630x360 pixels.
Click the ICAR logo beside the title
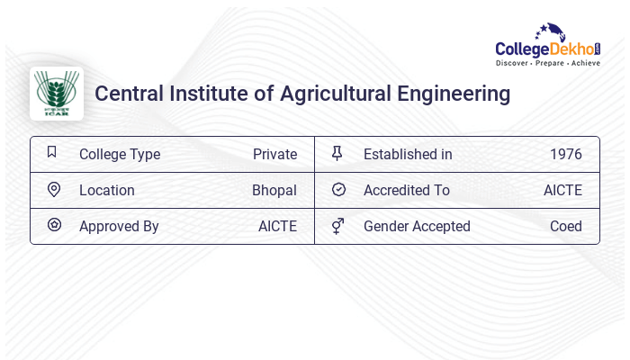(x=57, y=94)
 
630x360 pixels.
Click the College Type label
(x=120, y=154)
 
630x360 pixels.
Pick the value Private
(x=274, y=154)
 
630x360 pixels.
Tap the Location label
(x=107, y=190)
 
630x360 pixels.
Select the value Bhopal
(x=274, y=190)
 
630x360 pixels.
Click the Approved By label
(x=119, y=226)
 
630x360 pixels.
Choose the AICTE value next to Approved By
(x=277, y=226)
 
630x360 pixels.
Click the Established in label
(x=408, y=154)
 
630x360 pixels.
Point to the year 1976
(x=566, y=154)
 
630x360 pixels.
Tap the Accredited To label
(x=407, y=190)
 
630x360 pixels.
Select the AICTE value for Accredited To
(x=562, y=190)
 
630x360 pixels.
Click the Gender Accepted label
(x=417, y=226)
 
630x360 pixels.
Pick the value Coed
(x=566, y=226)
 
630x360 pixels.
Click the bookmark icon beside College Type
(x=52, y=152)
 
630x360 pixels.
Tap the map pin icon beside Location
(x=54, y=189)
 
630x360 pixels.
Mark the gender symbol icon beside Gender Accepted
(x=337, y=225)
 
